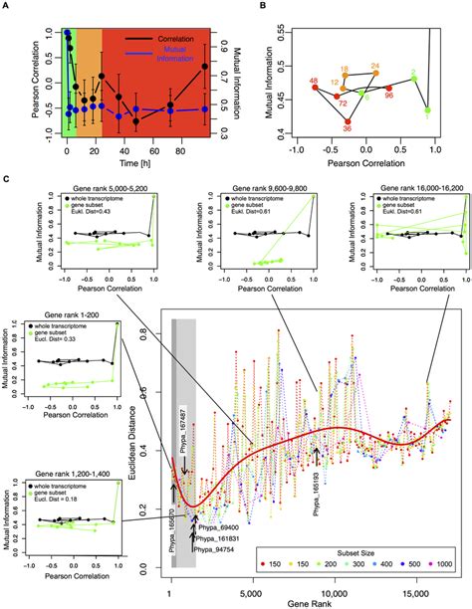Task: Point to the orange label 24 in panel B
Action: [375, 67]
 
